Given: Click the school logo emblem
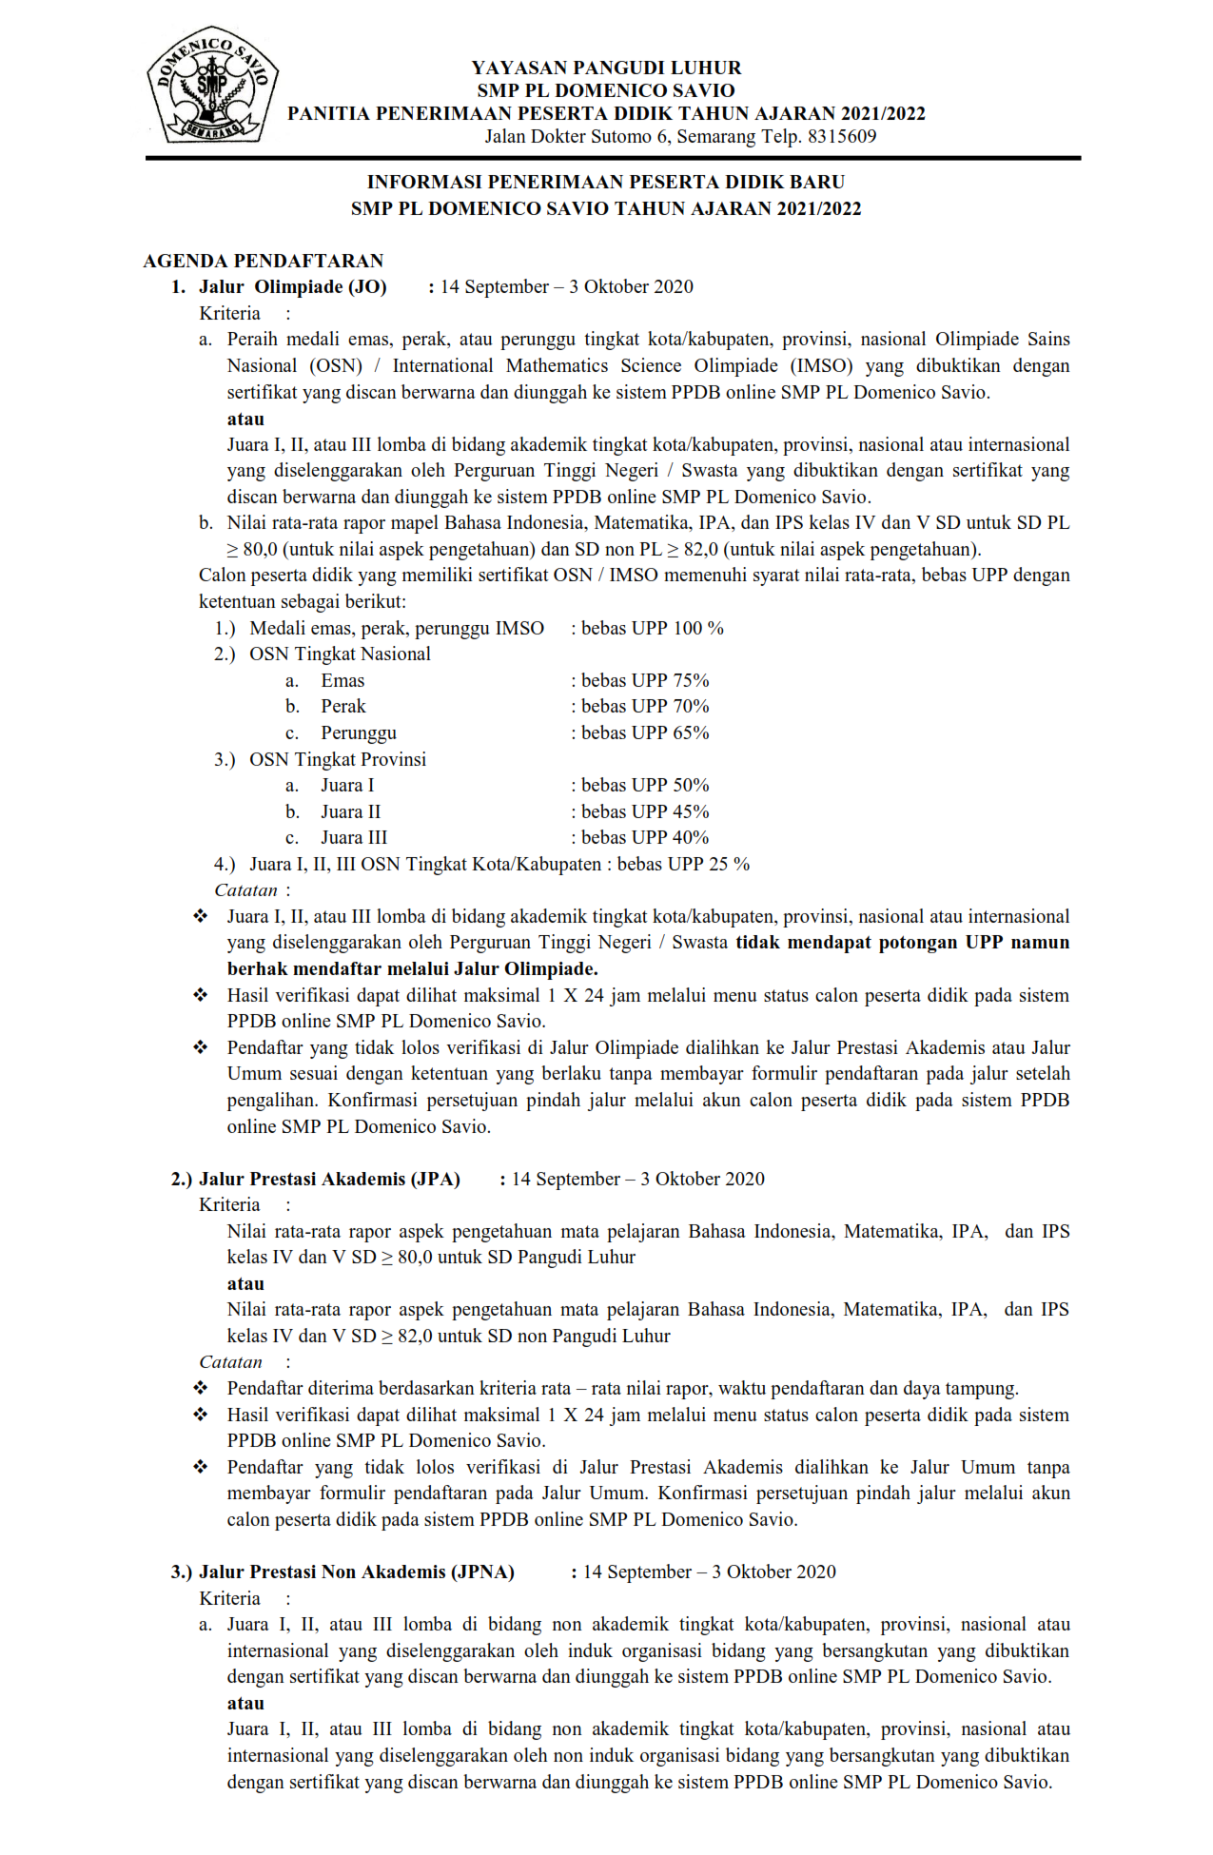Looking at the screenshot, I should point(212,85).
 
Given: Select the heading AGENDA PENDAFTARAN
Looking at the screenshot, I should point(264,261).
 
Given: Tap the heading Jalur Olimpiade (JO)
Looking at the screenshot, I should point(293,287).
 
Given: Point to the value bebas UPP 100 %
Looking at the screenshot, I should point(653,628).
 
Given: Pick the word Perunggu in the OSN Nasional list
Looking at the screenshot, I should point(359,732).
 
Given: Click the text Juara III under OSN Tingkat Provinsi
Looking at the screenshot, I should point(354,837).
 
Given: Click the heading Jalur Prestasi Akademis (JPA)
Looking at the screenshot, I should point(329,1179).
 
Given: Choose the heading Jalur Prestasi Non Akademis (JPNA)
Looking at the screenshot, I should point(357,1572).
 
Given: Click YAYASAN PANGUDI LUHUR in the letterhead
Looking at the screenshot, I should point(606,68).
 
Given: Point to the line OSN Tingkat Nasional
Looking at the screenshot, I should point(340,654).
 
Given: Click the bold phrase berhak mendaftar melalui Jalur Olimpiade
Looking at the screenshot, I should point(412,968).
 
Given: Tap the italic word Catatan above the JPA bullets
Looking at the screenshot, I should point(230,1362).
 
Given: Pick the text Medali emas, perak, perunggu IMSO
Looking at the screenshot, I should point(397,628).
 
